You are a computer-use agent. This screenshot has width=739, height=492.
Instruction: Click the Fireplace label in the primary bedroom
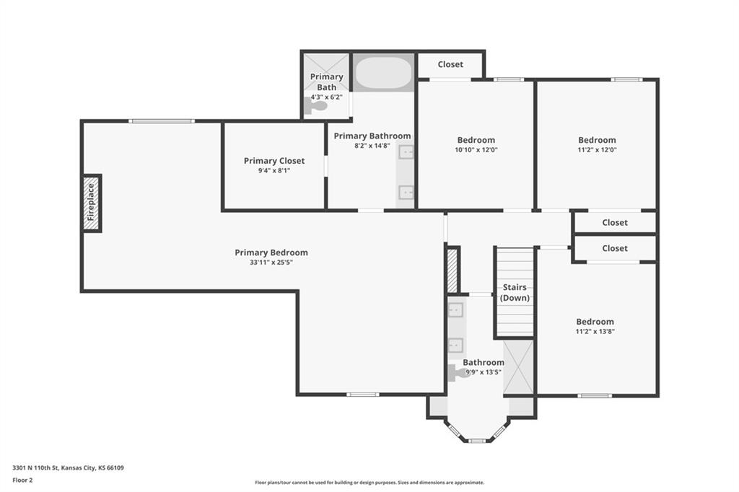91,202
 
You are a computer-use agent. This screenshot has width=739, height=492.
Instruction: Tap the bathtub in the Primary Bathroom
383,73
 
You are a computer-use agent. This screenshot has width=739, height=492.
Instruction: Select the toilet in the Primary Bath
315,107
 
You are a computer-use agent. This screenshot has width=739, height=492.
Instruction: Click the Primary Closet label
274,161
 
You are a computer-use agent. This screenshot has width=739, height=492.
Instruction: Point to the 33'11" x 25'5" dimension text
271,263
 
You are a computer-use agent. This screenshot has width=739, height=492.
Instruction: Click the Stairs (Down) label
515,292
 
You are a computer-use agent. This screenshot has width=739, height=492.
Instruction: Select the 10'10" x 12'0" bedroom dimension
476,150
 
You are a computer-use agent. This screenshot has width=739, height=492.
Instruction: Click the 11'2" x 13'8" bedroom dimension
595,331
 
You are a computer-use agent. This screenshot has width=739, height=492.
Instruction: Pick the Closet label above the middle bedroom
450,64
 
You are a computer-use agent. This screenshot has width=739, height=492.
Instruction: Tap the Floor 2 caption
22,480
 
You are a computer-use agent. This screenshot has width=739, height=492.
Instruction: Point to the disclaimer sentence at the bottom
369,483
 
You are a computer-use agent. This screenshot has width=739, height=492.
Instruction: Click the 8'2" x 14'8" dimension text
372,146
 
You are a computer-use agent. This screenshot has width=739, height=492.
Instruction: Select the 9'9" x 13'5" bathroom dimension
484,372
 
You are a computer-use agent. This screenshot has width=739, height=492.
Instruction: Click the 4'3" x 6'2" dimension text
326,97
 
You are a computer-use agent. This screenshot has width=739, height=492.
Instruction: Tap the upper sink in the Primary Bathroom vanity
406,152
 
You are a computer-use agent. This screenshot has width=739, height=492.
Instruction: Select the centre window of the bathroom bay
477,441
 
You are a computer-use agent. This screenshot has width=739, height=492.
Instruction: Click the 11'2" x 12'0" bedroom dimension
597,150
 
